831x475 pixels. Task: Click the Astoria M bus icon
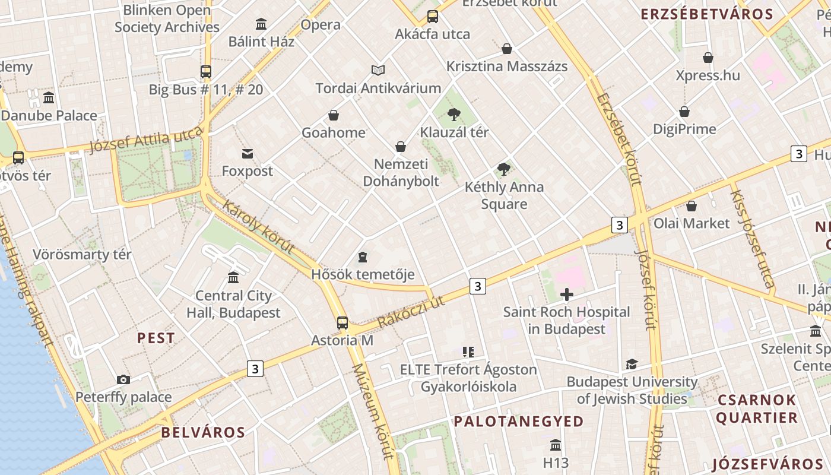click(x=342, y=323)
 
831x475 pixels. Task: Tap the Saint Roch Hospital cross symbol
click(x=567, y=294)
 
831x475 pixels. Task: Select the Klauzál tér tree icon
click(x=454, y=115)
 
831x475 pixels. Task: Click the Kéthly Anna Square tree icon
click(x=504, y=169)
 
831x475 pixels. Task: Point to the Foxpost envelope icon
click(x=248, y=154)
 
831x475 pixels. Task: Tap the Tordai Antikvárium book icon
click(x=378, y=71)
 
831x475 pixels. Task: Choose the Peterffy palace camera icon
click(x=123, y=380)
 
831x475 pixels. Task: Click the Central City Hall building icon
click(x=233, y=278)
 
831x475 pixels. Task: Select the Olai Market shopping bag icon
click(x=692, y=206)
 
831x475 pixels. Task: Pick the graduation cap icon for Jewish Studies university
click(x=632, y=365)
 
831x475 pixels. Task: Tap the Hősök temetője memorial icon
click(x=363, y=257)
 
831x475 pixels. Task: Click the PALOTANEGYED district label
click(x=519, y=422)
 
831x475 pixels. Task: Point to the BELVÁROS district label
click(x=203, y=432)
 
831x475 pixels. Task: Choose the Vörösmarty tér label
click(x=82, y=255)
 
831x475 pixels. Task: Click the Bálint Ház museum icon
click(x=261, y=24)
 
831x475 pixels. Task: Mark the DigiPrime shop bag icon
click(x=684, y=112)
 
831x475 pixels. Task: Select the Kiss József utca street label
click(x=751, y=239)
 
